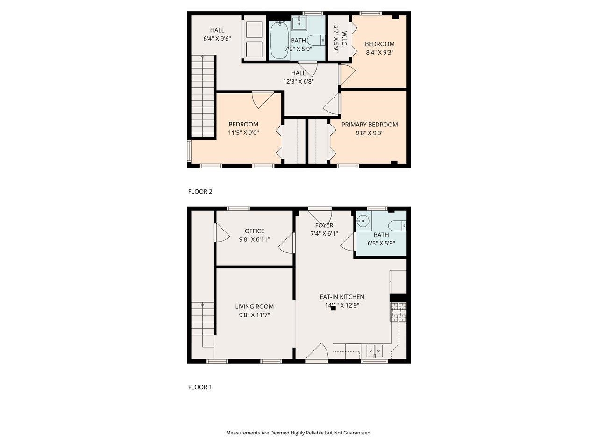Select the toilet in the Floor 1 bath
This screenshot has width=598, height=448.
pos(398,226)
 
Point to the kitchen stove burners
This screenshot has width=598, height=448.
pos(398,312)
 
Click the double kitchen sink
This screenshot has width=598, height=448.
pos(374,350)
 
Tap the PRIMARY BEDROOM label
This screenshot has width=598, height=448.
pos(370,125)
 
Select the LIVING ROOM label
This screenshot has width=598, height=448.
pos(254,307)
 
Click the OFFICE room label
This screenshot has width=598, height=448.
pos(254,231)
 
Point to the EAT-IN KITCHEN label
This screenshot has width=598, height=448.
pos(342,297)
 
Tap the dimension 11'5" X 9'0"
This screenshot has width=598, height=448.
pos(243,133)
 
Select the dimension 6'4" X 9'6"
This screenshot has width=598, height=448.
pos(217,39)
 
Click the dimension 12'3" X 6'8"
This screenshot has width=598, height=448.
pos(298,81)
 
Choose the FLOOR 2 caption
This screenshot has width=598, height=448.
pos(200,191)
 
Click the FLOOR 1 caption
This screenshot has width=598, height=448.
pos(200,387)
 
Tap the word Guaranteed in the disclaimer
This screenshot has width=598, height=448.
pos(355,433)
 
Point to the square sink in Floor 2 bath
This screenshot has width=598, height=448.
pos(299,23)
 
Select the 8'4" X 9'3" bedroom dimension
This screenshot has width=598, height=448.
pos(379,53)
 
